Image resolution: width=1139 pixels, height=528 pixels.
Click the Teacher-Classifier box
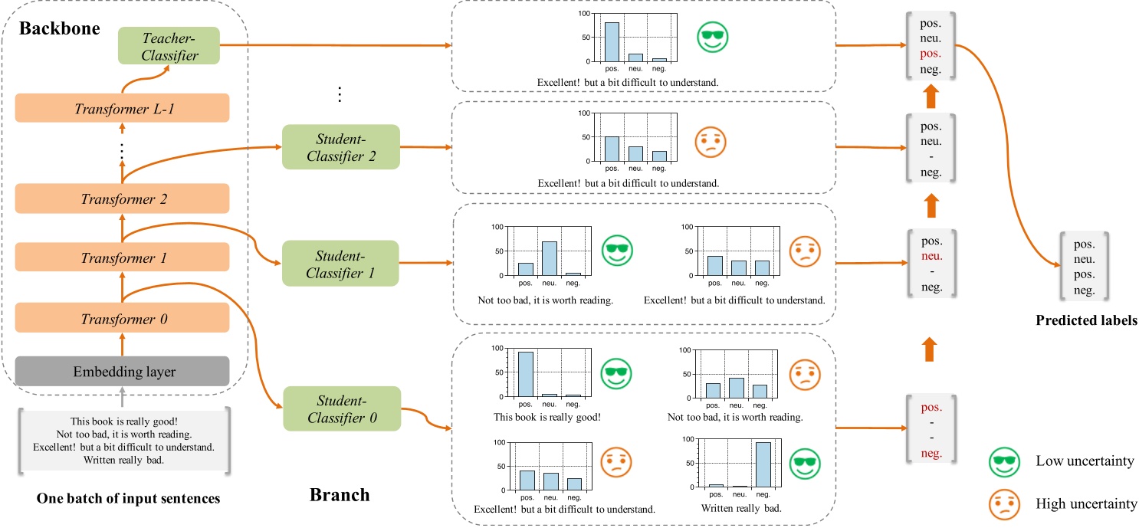[x=169, y=46]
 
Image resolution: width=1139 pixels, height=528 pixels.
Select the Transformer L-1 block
[x=122, y=108]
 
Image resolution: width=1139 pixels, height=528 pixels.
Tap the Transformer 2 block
[x=122, y=198]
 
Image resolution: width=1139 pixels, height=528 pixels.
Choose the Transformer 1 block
[x=122, y=258]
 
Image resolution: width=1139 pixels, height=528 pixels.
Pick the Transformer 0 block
[x=122, y=317]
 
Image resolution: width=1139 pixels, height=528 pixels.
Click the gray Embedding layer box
[x=122, y=372]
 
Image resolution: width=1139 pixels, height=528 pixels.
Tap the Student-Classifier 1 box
[x=341, y=262]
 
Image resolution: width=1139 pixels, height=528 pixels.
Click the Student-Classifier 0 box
[x=341, y=408]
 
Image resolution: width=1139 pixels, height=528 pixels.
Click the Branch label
[x=339, y=495]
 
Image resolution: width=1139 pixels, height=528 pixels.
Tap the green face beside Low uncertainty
[x=1004, y=462]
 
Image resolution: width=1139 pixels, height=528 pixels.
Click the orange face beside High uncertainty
[x=1004, y=503]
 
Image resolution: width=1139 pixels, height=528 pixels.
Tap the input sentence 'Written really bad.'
[x=122, y=461]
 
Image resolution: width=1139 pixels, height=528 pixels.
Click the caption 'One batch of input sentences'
[x=128, y=499]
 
